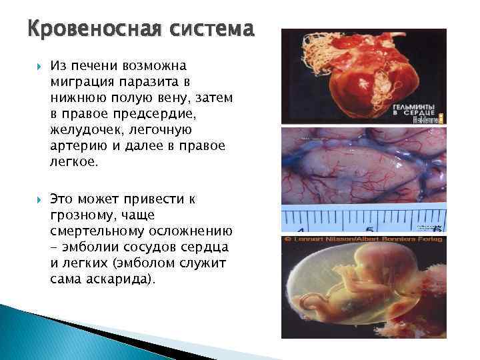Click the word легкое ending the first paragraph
click(x=71, y=161)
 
